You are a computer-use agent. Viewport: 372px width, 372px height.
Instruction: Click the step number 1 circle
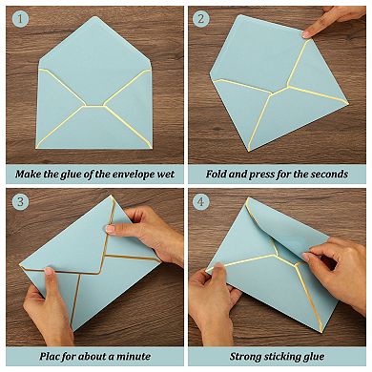(x=20, y=19)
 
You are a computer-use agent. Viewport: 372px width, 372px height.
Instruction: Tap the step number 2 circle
(x=201, y=19)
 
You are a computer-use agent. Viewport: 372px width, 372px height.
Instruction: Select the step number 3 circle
(x=20, y=201)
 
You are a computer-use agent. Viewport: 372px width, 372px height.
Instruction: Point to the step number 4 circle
(x=201, y=201)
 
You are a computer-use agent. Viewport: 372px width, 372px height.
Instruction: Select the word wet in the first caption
(x=166, y=175)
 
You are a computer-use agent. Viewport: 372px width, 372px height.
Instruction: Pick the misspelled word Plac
(x=49, y=356)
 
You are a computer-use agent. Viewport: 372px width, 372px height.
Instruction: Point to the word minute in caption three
(x=134, y=356)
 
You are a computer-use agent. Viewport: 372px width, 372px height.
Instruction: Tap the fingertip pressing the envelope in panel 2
(x=307, y=33)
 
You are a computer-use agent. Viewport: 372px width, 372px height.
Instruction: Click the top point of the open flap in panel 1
(x=94, y=16)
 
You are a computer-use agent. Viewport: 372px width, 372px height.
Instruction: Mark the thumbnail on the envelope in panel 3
(x=110, y=229)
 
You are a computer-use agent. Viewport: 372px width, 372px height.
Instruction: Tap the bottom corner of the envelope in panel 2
(x=249, y=151)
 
